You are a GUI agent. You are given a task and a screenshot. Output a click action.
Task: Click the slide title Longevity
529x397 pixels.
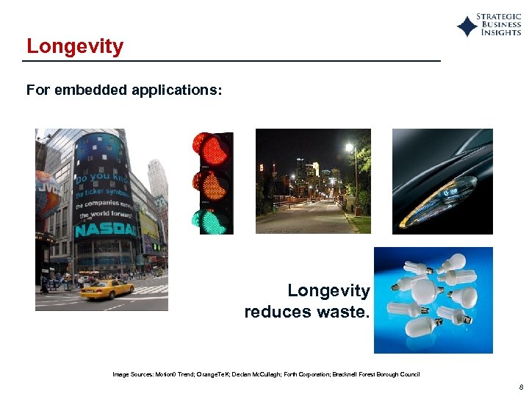coord(75,46)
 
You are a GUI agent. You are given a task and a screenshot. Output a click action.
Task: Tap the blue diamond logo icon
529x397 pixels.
coord(467,26)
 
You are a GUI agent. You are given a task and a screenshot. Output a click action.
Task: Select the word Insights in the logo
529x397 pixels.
coord(501,33)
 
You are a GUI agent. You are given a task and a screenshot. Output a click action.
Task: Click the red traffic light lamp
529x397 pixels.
coord(212,149)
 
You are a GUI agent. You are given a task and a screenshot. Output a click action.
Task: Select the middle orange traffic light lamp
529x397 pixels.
coord(212,184)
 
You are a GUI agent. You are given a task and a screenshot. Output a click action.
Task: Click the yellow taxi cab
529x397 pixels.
coord(107,289)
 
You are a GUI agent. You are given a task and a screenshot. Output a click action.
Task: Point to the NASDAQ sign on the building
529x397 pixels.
coord(106,230)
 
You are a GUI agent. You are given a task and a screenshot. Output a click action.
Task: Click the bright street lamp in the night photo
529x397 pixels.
coord(349,148)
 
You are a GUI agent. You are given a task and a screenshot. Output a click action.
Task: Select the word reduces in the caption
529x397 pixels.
coord(278,312)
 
